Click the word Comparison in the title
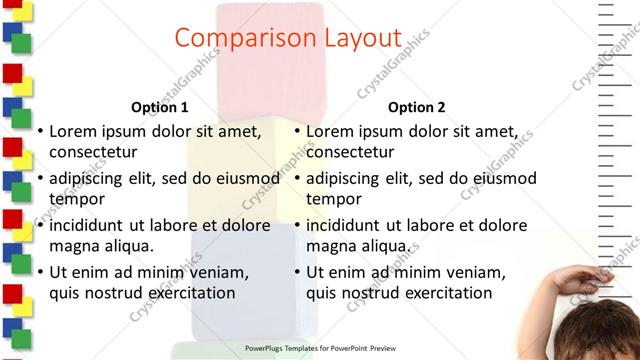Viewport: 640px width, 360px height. (239, 38)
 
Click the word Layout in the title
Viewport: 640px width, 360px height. (355, 38)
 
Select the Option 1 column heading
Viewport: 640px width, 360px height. (160, 107)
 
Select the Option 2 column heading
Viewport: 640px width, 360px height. (417, 107)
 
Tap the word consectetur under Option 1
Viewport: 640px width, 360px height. (93, 152)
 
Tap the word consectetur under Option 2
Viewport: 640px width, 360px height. (350, 152)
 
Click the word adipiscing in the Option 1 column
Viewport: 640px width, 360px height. (93, 179)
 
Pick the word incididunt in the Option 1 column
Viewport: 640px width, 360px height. (95, 225)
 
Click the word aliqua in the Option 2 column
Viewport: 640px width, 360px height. (385, 246)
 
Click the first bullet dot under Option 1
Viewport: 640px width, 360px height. (40, 132)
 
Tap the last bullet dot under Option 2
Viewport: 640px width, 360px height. (297, 272)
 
